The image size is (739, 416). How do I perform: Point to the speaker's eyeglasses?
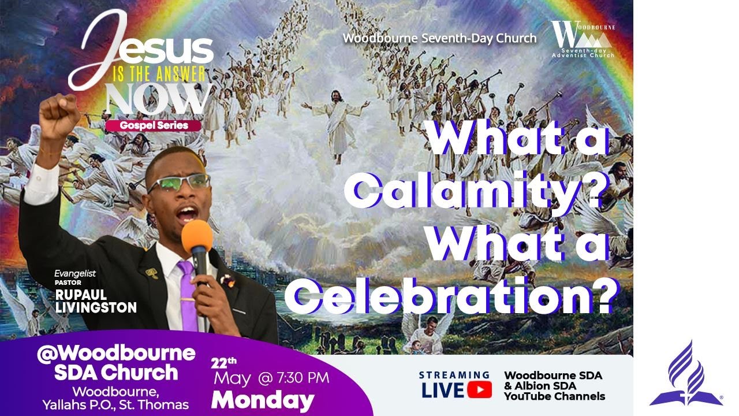[x=178, y=183]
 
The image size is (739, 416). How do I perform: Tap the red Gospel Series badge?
[x=154, y=125]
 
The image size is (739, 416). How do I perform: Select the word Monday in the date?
[x=263, y=400]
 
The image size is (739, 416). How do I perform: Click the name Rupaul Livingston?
[x=96, y=301]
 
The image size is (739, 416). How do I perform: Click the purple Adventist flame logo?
[x=685, y=374]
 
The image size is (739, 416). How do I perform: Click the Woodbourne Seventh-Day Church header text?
[x=439, y=38]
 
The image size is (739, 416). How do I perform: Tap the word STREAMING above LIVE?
[x=454, y=375]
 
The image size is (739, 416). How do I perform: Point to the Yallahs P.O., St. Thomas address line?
[x=115, y=404]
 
